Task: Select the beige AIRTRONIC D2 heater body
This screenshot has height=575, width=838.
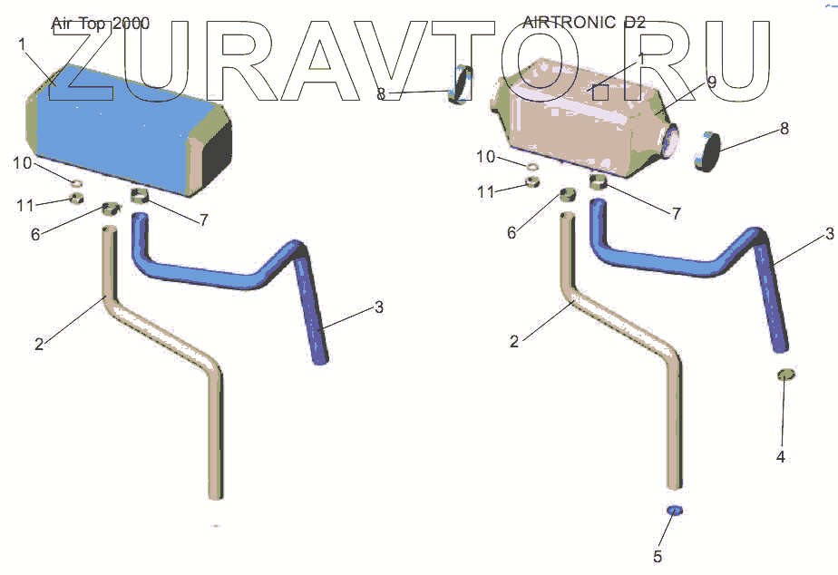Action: [571, 122]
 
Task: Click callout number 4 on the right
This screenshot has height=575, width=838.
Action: [780, 457]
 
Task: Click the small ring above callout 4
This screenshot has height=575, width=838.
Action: [785, 375]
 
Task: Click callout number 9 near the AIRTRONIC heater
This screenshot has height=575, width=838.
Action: [712, 82]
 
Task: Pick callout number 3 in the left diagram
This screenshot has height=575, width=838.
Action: [379, 307]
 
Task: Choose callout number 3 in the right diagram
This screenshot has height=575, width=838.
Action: [829, 235]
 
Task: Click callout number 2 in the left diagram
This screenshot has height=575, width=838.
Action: [39, 344]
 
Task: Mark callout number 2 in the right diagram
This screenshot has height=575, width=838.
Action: [514, 342]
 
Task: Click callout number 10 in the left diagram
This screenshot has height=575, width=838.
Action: [22, 163]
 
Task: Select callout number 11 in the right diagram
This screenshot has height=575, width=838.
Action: [486, 191]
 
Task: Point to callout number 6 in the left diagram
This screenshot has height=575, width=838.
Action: [35, 234]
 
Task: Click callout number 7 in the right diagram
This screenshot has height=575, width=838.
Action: [677, 214]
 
